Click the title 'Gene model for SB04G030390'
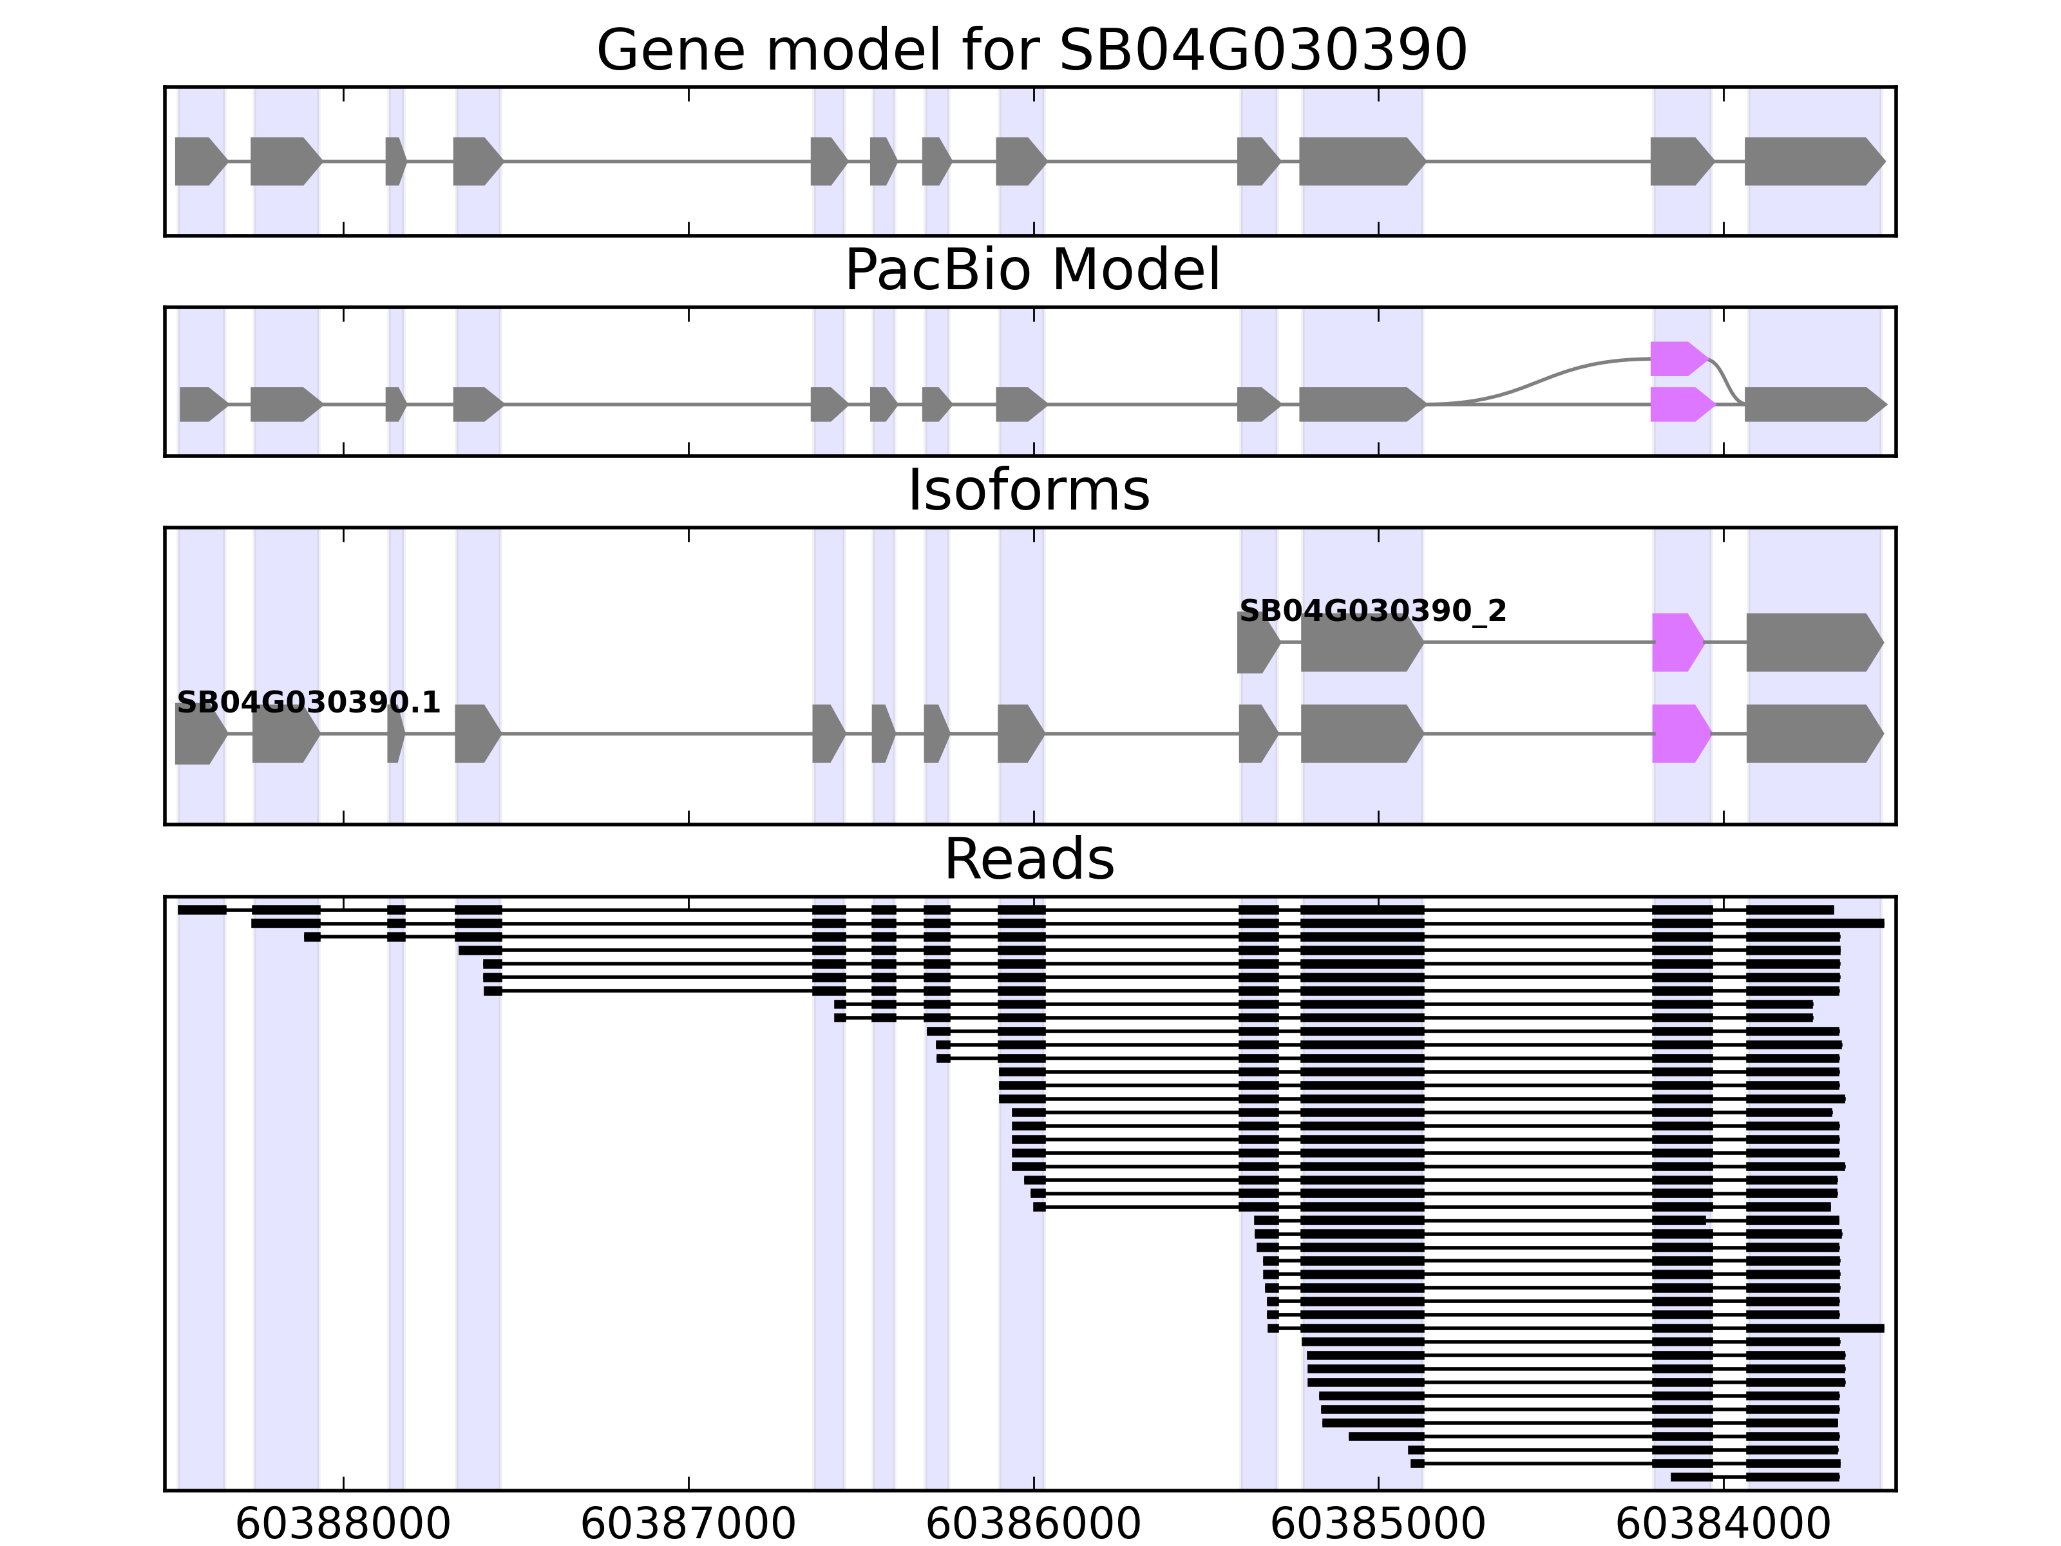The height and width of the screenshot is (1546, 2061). (x=1031, y=50)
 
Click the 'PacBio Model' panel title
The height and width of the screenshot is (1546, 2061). (x=1031, y=271)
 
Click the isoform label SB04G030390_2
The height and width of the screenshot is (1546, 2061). (x=1372, y=611)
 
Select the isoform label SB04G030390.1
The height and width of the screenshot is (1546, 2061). (x=307, y=703)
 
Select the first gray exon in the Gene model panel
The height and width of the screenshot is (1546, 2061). (x=198, y=161)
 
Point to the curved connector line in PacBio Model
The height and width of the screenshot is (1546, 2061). (x=1546, y=377)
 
